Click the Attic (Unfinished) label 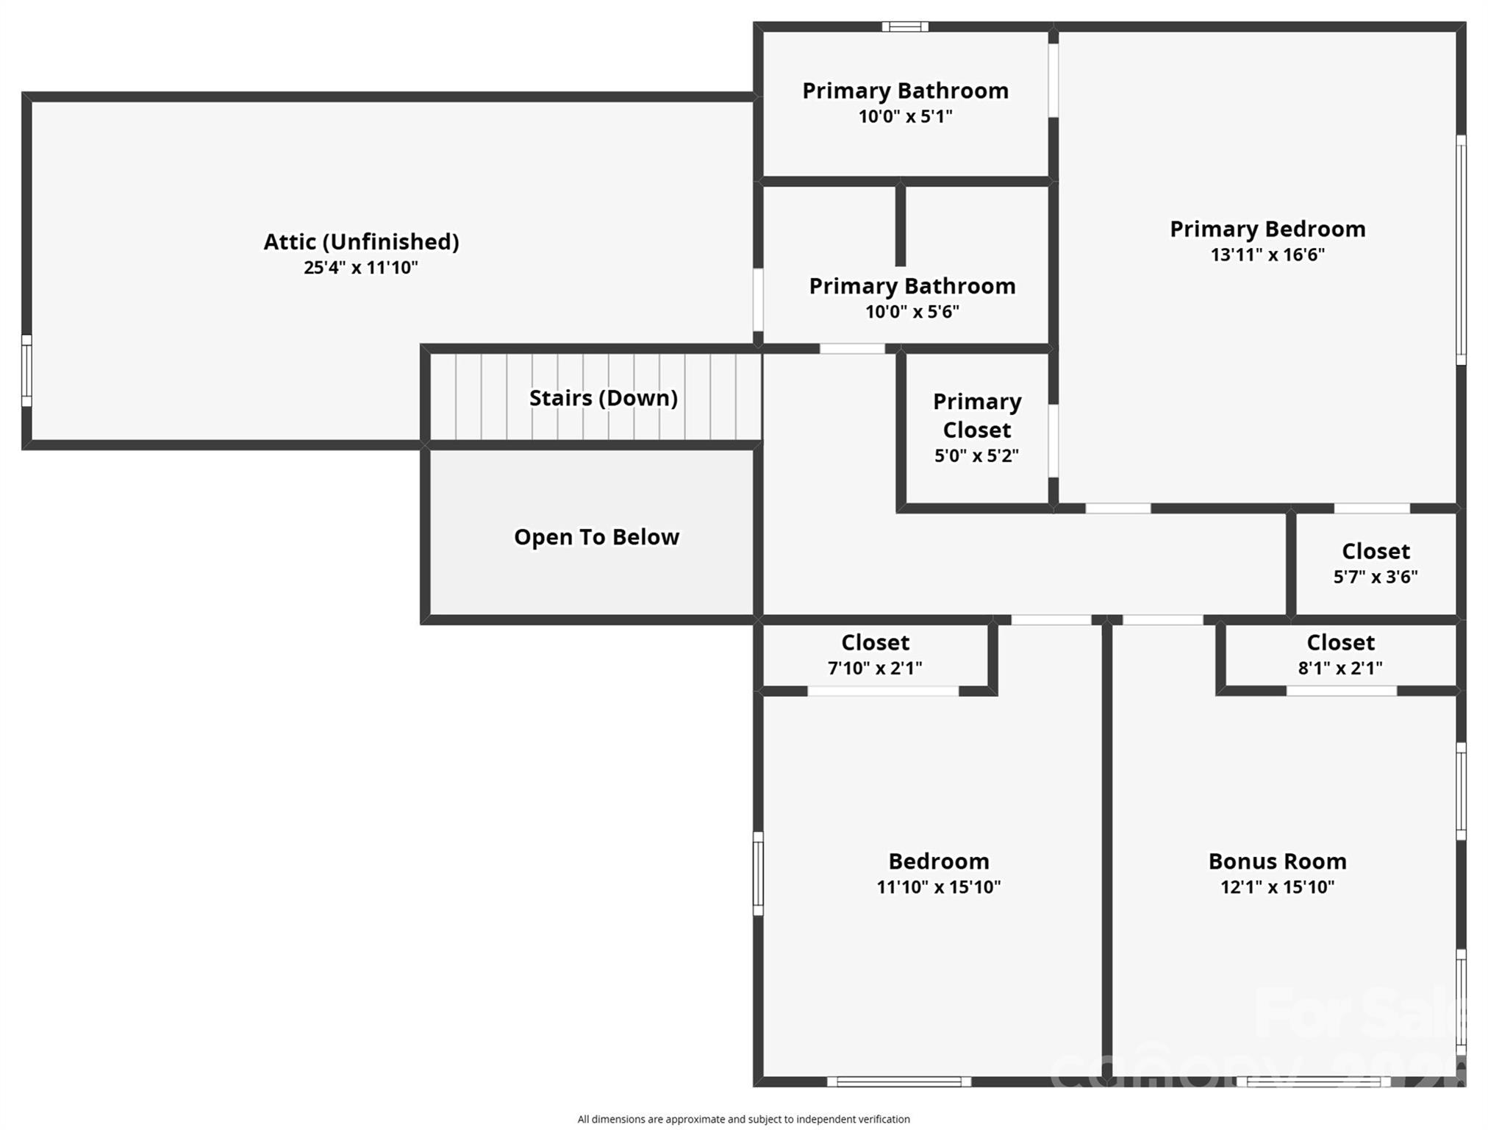[x=361, y=241]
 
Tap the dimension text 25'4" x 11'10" [x=361, y=267]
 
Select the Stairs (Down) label [x=603, y=398]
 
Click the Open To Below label [x=596, y=537]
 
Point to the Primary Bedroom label [x=1267, y=229]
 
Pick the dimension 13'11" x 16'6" [x=1267, y=255]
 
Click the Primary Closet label [x=977, y=416]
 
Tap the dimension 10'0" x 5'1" [x=905, y=116]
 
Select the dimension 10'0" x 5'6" [x=912, y=312]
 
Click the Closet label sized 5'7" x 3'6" [x=1376, y=551]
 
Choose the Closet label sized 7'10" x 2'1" [x=875, y=642]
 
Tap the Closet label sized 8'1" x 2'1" [x=1340, y=642]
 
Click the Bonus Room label [x=1277, y=861]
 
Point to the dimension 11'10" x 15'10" [x=938, y=887]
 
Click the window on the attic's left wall [x=26, y=371]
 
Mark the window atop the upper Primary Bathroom [x=905, y=27]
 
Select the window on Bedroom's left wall [x=758, y=874]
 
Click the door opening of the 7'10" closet [x=883, y=691]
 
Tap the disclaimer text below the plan [x=743, y=1119]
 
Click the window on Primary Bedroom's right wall [x=1461, y=250]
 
